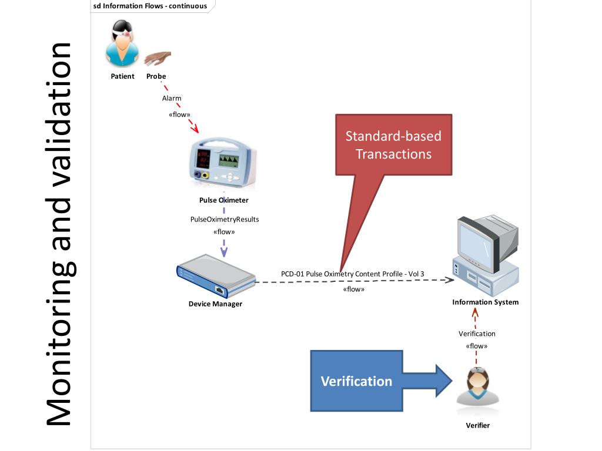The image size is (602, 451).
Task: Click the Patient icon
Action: tap(123, 44)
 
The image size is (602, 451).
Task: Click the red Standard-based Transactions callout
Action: tap(393, 145)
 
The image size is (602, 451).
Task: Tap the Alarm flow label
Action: tap(172, 98)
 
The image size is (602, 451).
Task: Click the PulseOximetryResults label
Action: tap(224, 219)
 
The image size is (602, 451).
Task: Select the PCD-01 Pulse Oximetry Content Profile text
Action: tap(352, 274)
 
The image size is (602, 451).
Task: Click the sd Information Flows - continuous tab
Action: tap(150, 6)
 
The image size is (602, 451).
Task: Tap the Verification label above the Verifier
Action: tap(477, 334)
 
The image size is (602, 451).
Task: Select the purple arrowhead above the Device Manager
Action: tap(224, 253)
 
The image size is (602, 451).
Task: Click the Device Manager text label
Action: tap(215, 304)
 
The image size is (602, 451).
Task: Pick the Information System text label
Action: tap(485, 302)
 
